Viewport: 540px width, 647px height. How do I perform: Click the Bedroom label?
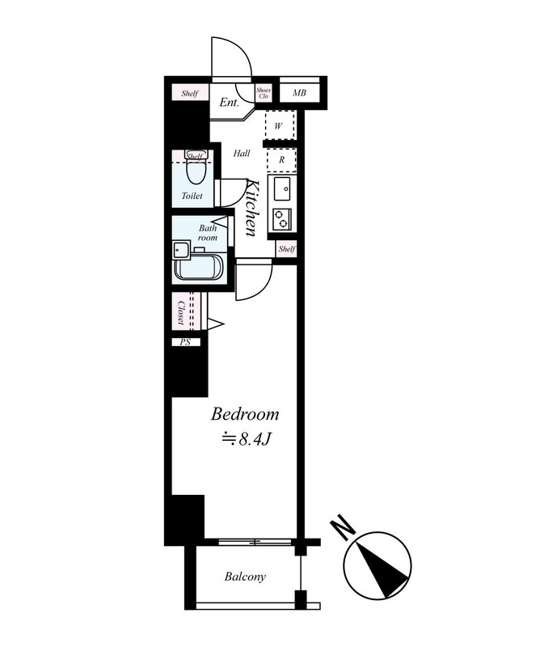click(245, 414)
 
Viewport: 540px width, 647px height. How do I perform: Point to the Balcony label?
click(245, 577)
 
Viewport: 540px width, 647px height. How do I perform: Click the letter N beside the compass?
click(343, 528)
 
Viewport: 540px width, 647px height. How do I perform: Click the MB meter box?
click(299, 93)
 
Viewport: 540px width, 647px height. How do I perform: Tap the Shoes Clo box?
click(264, 93)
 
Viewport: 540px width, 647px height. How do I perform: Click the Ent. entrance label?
click(229, 103)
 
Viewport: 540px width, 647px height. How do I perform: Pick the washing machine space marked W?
click(280, 125)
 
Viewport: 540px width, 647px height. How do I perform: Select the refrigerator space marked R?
click(281, 160)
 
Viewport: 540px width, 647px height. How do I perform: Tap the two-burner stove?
click(282, 218)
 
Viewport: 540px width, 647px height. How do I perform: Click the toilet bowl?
click(195, 171)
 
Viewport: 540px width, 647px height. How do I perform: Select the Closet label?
click(181, 312)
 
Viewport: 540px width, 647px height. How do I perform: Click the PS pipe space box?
click(186, 342)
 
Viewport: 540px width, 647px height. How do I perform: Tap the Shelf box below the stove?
click(286, 249)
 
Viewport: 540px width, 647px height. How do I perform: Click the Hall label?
click(242, 154)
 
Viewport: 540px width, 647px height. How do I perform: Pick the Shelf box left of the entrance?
click(190, 93)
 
